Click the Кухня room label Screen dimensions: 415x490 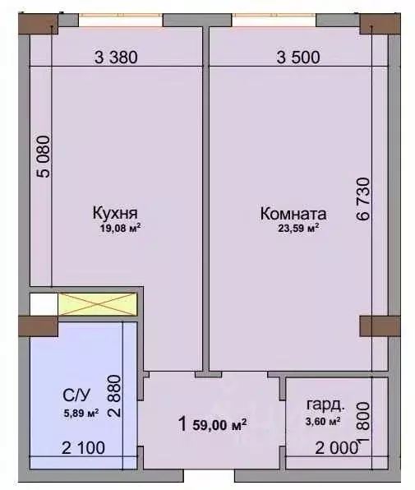[x=115, y=213]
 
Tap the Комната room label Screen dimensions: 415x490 [x=293, y=214]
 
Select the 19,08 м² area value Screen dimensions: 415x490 [x=120, y=228]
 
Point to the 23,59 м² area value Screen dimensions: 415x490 [x=298, y=228]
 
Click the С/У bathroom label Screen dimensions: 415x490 [x=76, y=395]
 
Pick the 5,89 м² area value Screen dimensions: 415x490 [x=81, y=413]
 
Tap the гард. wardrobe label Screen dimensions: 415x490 [x=325, y=405]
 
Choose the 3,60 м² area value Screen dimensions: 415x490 [x=323, y=421]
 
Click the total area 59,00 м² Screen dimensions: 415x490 [x=220, y=425]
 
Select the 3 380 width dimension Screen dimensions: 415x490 [x=116, y=58]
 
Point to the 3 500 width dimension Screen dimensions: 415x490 [x=298, y=58]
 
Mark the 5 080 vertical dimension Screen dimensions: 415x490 [x=43, y=156]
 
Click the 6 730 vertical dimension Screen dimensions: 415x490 [x=363, y=200]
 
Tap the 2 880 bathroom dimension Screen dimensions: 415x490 [x=114, y=396]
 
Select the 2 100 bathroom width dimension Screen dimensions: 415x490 [x=83, y=448]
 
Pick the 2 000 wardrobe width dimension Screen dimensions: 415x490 [x=336, y=448]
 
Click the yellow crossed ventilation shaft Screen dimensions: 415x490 [x=98, y=304]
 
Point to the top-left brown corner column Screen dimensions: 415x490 [x=38, y=24]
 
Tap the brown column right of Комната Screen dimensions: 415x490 [x=380, y=326]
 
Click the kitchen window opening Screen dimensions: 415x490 [x=121, y=20]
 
